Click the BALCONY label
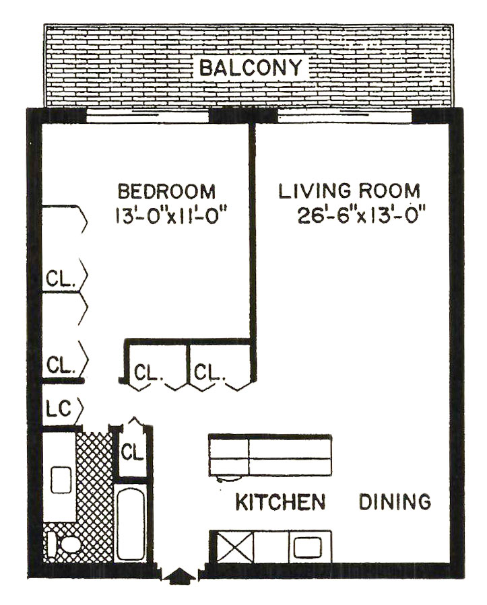pyautogui.click(x=251, y=68)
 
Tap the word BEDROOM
pyautogui.click(x=166, y=192)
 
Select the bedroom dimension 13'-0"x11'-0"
pyautogui.click(x=170, y=215)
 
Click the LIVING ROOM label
pyautogui.click(x=349, y=191)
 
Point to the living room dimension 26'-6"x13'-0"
pyautogui.click(x=362, y=215)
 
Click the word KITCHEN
pyautogui.click(x=280, y=502)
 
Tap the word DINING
pyautogui.click(x=395, y=501)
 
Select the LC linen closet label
pyautogui.click(x=59, y=409)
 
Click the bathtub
pyautogui.click(x=131, y=524)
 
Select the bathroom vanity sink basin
pyautogui.click(x=61, y=480)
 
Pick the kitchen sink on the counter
pyautogui.click(x=307, y=548)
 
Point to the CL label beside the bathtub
pyautogui.click(x=132, y=452)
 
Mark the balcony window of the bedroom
pyautogui.click(x=147, y=116)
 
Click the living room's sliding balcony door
pyautogui.click(x=345, y=116)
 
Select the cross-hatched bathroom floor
pyautogui.click(x=94, y=498)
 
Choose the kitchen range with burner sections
pyautogui.click(x=270, y=456)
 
